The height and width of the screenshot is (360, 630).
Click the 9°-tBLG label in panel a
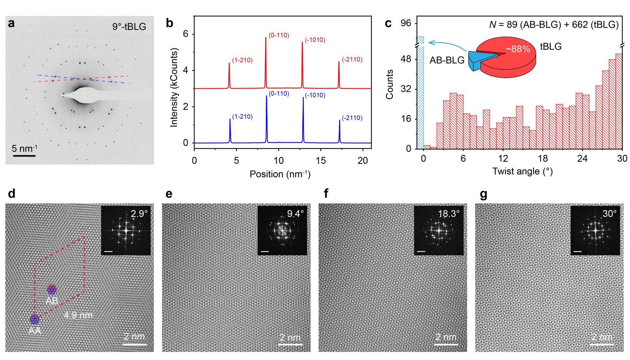click(129, 27)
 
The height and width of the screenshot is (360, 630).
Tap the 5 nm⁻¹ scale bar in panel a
click(24, 156)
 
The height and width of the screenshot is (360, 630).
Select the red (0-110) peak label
click(279, 35)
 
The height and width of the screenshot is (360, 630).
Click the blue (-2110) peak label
click(352, 118)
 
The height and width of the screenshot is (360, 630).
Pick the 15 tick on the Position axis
click(321, 161)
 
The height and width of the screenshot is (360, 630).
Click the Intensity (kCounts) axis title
click(174, 88)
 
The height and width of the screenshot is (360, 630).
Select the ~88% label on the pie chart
click(517, 49)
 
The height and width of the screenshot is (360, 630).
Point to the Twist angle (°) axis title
click(523, 171)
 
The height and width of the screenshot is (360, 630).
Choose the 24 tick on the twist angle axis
click(582, 158)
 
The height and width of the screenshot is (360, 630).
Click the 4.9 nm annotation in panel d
click(78, 315)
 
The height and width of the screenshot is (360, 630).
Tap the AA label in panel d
click(35, 331)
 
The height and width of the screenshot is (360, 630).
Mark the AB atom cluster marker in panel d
click(52, 290)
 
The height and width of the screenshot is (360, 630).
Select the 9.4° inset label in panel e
click(295, 214)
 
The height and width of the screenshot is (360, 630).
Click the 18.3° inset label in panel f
click(449, 214)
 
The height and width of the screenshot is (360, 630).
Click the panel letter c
click(388, 23)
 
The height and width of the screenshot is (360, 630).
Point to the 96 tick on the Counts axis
click(406, 23)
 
